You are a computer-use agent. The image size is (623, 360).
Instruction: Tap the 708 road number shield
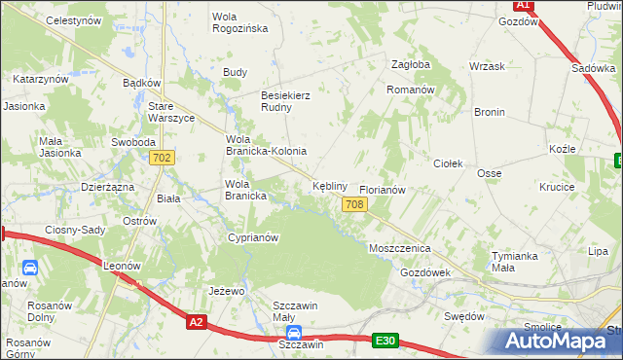354,203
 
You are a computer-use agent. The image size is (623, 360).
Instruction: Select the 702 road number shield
163,158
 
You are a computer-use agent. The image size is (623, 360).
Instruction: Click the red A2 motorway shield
198,322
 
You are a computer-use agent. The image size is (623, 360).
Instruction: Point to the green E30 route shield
385,340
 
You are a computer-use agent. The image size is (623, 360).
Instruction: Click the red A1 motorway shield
523,5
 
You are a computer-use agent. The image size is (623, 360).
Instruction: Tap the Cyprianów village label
253,237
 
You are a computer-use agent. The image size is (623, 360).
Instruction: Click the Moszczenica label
399,248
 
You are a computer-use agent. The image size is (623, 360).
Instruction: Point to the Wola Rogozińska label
239,22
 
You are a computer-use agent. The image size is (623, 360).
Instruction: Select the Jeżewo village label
226,291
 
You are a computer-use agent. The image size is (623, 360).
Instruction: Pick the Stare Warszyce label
171,112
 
